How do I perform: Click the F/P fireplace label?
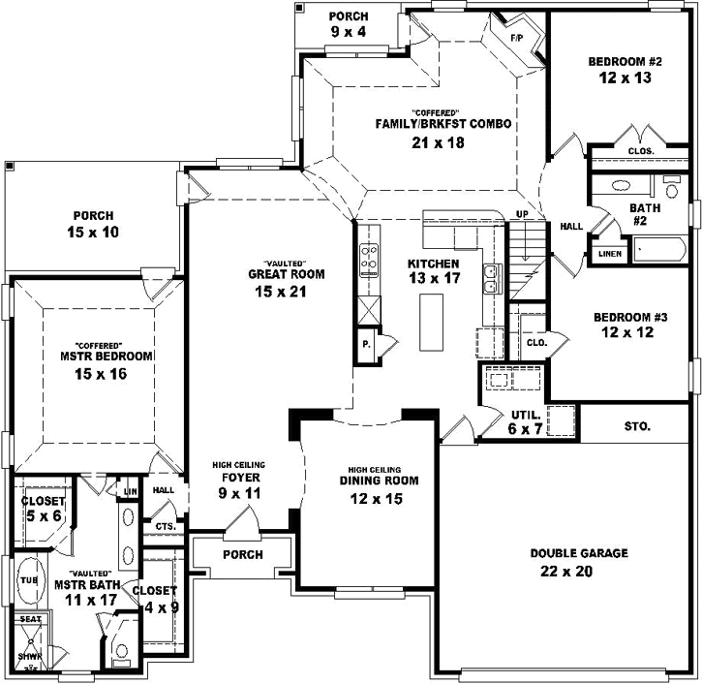(x=517, y=38)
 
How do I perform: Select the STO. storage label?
(x=637, y=425)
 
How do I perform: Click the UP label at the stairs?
(x=522, y=213)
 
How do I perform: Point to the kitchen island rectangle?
(x=431, y=322)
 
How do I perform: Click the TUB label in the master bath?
(x=29, y=579)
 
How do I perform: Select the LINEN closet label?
(x=609, y=254)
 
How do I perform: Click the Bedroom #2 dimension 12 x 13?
(x=625, y=80)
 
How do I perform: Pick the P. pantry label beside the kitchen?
(x=367, y=345)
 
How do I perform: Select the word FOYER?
(x=238, y=478)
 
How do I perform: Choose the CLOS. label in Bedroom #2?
(x=641, y=151)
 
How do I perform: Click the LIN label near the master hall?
(x=131, y=492)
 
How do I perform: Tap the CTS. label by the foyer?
(x=164, y=526)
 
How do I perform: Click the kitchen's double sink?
(x=492, y=278)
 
